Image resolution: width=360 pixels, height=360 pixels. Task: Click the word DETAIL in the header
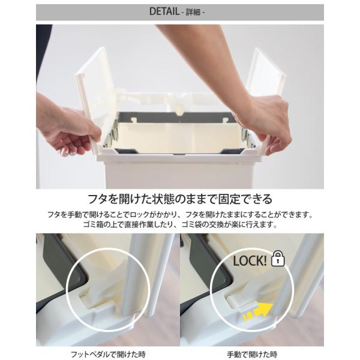point(164,11)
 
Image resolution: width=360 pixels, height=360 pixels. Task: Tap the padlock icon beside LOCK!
point(278,259)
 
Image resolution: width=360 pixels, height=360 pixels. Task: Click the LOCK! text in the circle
point(250,261)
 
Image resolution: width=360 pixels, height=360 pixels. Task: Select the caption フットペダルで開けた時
point(108,354)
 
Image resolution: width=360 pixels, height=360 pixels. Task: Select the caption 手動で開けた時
point(252,354)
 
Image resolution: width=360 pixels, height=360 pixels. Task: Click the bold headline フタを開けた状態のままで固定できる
point(180,199)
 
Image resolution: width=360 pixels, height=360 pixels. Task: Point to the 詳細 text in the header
point(193,12)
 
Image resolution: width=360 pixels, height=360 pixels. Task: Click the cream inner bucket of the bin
point(179,138)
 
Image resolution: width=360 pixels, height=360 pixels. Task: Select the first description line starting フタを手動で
point(180,215)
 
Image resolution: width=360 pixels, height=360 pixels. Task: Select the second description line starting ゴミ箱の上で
point(180,224)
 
